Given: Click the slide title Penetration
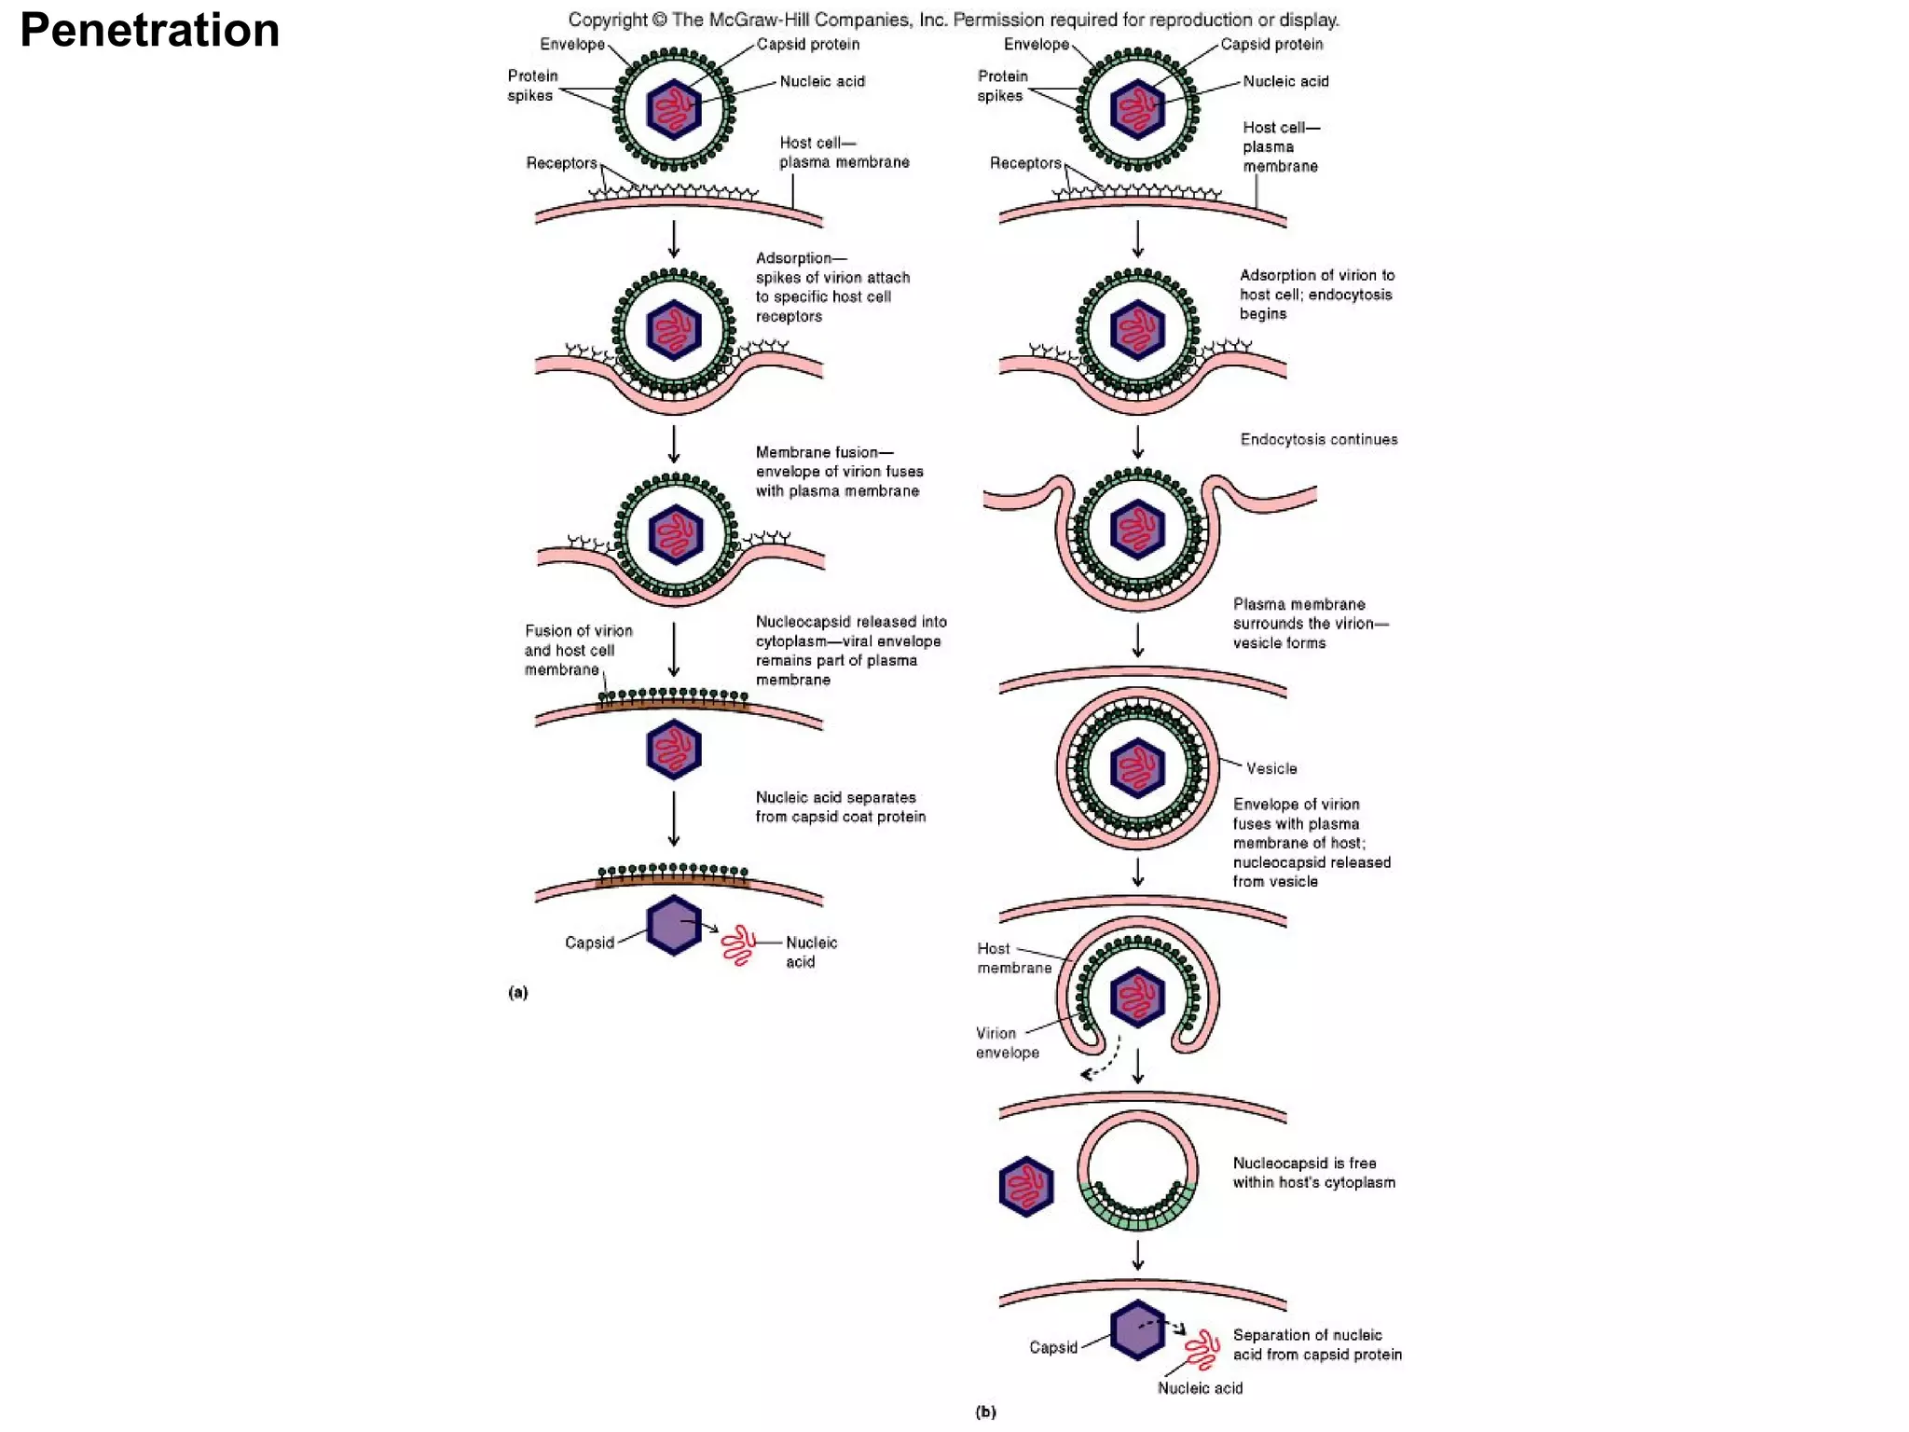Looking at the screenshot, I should [x=149, y=30].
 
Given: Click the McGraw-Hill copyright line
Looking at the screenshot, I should [x=953, y=20].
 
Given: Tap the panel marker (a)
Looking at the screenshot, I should [x=518, y=992].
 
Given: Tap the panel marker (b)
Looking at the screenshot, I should [x=985, y=1411].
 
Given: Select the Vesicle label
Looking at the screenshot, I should [x=1271, y=768].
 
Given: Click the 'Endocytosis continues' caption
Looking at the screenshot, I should [x=1318, y=439].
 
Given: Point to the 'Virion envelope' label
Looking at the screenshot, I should [x=1007, y=1042].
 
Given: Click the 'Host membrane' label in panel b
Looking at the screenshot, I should [x=1013, y=957].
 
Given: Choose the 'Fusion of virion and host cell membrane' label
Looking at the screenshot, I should [x=577, y=650].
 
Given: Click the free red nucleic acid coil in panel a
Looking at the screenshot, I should [x=739, y=945].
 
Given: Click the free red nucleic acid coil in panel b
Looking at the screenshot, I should [x=1202, y=1348].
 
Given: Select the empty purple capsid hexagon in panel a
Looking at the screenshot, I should [x=673, y=925].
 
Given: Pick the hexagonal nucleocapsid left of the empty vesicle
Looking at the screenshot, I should [x=1025, y=1186].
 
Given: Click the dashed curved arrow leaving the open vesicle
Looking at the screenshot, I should [x=1102, y=1061].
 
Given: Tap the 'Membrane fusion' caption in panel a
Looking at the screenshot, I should [x=839, y=471].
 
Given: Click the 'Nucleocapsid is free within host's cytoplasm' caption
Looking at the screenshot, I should [x=1313, y=1172].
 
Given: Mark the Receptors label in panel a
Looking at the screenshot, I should [x=561, y=163].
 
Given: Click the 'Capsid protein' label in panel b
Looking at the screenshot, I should [x=1270, y=44].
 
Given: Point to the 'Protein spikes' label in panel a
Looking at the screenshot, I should [x=531, y=85].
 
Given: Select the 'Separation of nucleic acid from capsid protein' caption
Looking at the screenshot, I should [x=1316, y=1344].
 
